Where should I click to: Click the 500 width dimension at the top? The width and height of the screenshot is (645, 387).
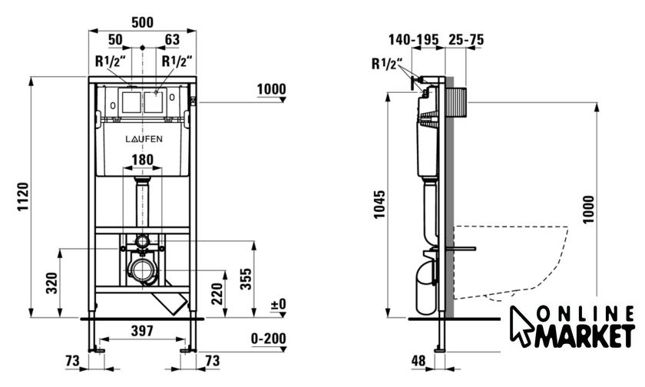pos(142,22)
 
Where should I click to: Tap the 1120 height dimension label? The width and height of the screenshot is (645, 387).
pos(23,197)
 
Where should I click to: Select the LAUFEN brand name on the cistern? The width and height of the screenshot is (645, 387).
pos(144,139)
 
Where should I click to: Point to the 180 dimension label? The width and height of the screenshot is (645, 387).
pos(142,160)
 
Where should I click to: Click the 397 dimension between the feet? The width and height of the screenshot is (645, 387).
pos(142,331)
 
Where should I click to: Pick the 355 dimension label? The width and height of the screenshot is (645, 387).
pos(246,279)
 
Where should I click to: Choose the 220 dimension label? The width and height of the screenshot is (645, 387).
pos(217,293)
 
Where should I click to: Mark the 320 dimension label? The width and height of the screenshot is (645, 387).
pos(52,283)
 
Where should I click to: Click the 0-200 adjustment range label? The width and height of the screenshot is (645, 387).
pos(269,339)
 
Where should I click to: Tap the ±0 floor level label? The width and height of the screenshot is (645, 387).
pos(278,304)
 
